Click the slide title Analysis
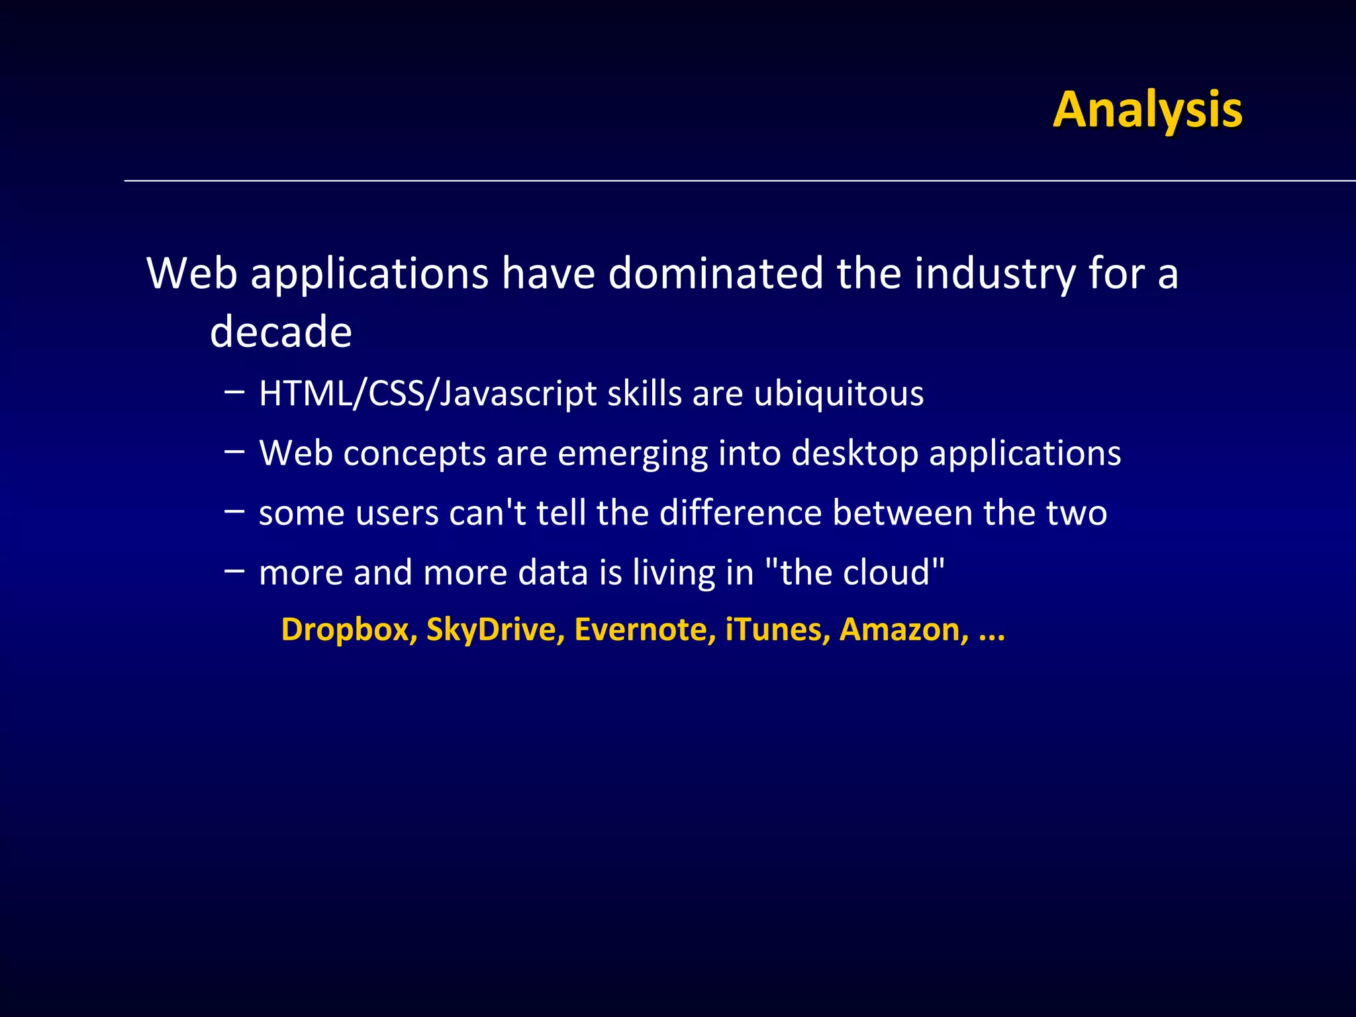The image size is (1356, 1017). [x=1147, y=110]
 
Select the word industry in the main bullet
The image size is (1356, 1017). [x=994, y=274]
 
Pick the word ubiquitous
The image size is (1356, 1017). [x=838, y=394]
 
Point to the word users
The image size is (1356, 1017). [x=397, y=513]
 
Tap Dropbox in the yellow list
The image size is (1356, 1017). [x=349, y=630]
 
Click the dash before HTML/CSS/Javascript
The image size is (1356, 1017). [x=234, y=392]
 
